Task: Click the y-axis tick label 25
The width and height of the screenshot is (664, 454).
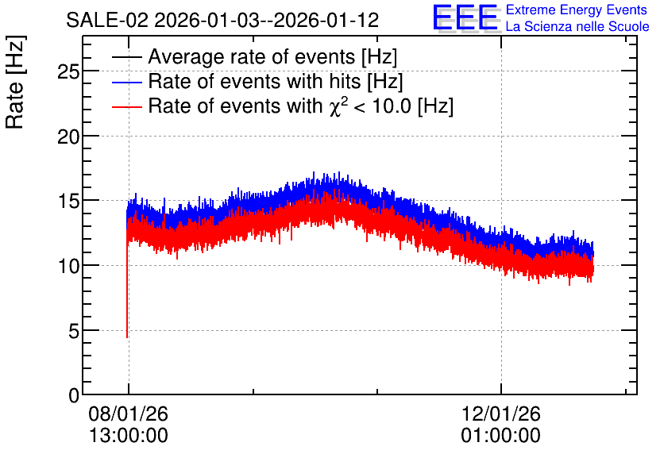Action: click(x=68, y=72)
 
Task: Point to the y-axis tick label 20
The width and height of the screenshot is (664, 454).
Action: click(x=68, y=137)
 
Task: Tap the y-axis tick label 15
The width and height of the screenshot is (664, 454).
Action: click(x=68, y=202)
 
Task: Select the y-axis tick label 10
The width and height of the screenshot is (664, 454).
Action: click(x=68, y=267)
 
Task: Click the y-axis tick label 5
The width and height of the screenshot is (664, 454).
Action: click(x=74, y=331)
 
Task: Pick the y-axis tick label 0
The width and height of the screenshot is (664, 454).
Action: click(x=74, y=396)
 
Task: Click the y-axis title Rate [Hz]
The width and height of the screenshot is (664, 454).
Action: click(x=15, y=82)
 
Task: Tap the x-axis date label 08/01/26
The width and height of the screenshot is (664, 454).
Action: click(x=129, y=414)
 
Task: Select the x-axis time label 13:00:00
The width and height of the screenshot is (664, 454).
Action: click(x=129, y=436)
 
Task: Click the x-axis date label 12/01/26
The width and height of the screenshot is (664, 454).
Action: click(x=501, y=414)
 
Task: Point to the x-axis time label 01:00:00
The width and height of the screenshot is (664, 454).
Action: click(x=501, y=436)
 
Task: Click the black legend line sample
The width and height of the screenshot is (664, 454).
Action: click(x=127, y=57)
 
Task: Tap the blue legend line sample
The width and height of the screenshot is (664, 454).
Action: click(x=127, y=82)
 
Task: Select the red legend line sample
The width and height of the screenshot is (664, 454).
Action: click(x=127, y=106)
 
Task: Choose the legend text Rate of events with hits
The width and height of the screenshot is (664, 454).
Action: click(x=254, y=81)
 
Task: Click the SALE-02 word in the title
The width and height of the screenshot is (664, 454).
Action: click(x=107, y=20)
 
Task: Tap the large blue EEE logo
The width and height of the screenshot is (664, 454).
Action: click(x=465, y=17)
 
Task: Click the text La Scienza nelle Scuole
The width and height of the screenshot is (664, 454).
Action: click(x=577, y=27)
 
